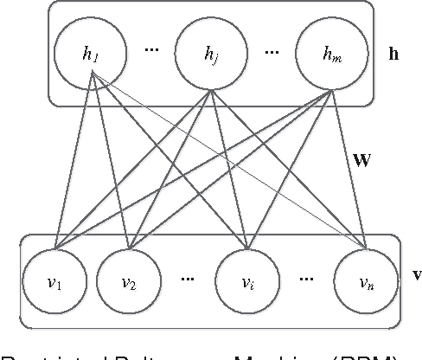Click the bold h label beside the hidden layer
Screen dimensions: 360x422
pos(393,55)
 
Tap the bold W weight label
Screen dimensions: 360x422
pos(362,161)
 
